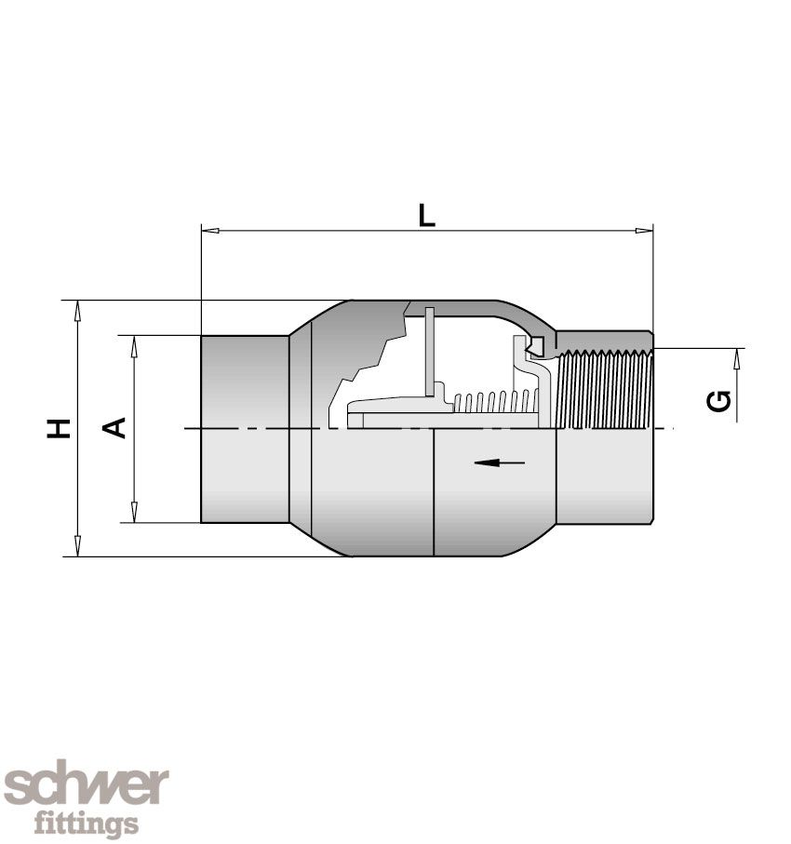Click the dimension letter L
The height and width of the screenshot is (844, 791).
[426, 215]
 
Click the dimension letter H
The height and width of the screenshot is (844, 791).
[60, 428]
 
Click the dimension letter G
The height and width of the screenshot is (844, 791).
[718, 401]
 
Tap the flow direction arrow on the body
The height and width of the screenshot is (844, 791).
[499, 462]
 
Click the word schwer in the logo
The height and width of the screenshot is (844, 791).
[86, 787]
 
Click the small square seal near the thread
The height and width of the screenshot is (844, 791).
[537, 345]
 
